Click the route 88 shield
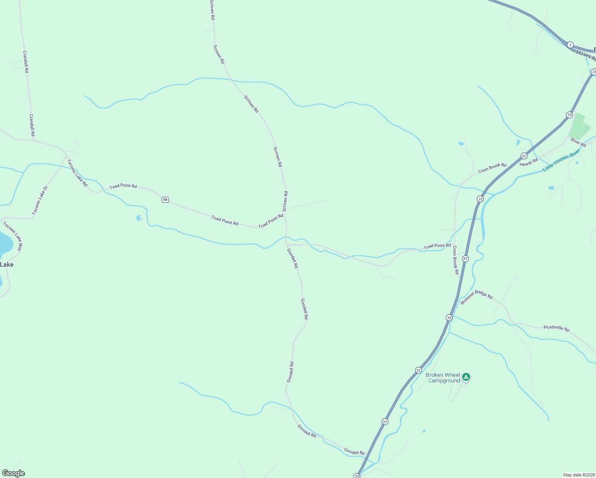pos(165,200)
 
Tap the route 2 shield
pos(570,45)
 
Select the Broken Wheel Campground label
pos(443,378)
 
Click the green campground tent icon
pos(466,376)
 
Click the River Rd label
pos(578,142)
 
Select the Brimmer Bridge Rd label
pos(476,297)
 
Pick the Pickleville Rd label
pos(556,328)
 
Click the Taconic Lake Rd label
pos(77,173)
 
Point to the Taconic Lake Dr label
pos(40,200)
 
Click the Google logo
pos(14,473)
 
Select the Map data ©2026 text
pos(578,475)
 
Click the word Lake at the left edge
pos(6,264)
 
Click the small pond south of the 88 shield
pos(139,218)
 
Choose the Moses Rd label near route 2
pos(586,56)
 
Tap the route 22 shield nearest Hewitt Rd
pos(524,156)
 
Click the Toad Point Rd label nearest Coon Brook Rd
pos(437,246)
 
